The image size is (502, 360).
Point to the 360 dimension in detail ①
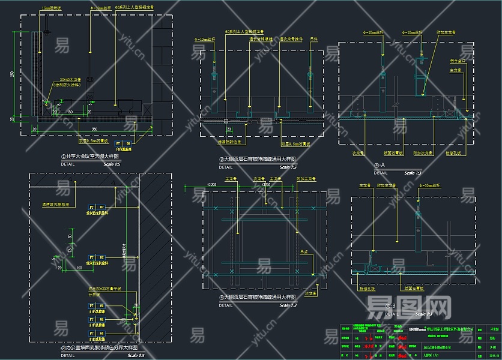coord(94,129)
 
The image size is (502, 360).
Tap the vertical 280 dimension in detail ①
coord(13,74)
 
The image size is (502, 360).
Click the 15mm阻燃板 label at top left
coord(52,8)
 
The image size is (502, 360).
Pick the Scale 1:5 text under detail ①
coord(112,164)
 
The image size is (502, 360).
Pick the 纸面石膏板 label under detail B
coord(408,288)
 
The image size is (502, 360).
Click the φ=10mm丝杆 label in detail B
coord(437,185)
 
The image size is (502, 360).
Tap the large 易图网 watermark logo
coord(408,307)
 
